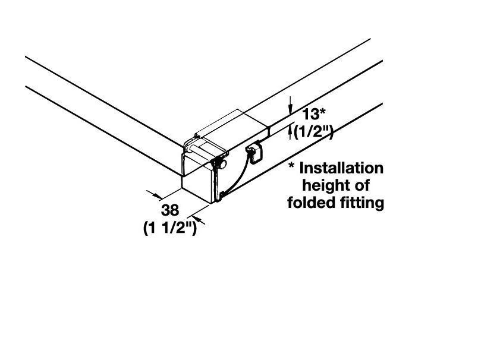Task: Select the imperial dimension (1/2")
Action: click(314, 132)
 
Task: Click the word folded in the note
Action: click(313, 203)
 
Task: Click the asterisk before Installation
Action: click(292, 166)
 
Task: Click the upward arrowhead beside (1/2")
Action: click(291, 130)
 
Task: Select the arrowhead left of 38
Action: click(159, 195)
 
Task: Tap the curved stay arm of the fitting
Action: click(234, 175)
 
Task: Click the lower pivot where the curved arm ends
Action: click(221, 194)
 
